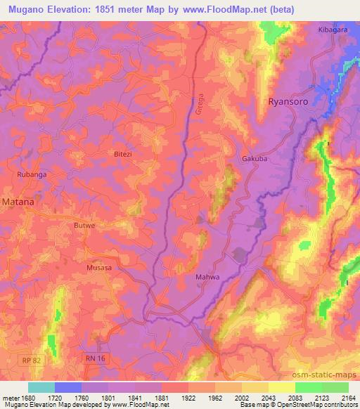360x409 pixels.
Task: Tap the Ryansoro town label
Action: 290,102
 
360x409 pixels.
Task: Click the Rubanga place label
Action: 31,174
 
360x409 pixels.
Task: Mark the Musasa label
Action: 99,268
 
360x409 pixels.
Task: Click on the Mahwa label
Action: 207,278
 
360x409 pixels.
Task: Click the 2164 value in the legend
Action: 347,396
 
